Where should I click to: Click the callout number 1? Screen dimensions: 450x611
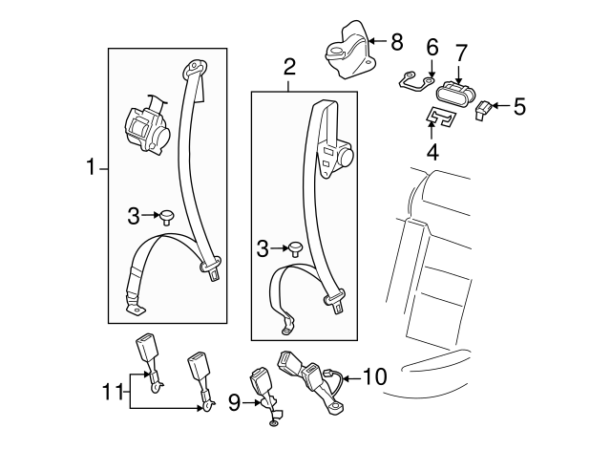[91, 168]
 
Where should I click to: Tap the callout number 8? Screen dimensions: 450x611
[397, 41]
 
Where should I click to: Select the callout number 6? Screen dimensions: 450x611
[432, 46]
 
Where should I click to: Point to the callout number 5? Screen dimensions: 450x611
[519, 105]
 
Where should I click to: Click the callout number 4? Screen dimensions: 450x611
[432, 150]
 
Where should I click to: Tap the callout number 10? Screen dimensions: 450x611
[375, 377]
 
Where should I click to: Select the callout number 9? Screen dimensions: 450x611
[235, 402]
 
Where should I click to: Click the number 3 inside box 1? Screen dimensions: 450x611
[133, 217]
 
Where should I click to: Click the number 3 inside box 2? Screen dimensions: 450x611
[263, 250]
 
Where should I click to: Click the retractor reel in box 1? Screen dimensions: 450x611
[146, 124]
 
